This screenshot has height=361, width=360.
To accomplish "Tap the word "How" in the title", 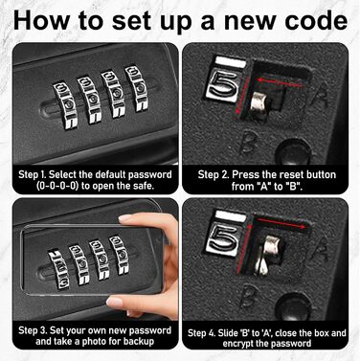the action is point(41,20).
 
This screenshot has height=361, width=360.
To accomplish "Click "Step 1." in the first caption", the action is point(33,174).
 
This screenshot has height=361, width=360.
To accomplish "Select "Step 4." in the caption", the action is point(202,333).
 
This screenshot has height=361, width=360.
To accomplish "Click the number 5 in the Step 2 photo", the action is point(224,84).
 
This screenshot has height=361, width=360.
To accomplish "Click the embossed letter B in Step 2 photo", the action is point(249,143).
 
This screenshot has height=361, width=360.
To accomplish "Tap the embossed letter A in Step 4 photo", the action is point(320,249).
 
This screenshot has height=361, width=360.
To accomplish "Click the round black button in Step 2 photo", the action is point(293,151).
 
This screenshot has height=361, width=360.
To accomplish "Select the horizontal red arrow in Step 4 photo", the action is point(281,223).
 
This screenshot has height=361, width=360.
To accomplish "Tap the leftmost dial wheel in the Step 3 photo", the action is point(58,270).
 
